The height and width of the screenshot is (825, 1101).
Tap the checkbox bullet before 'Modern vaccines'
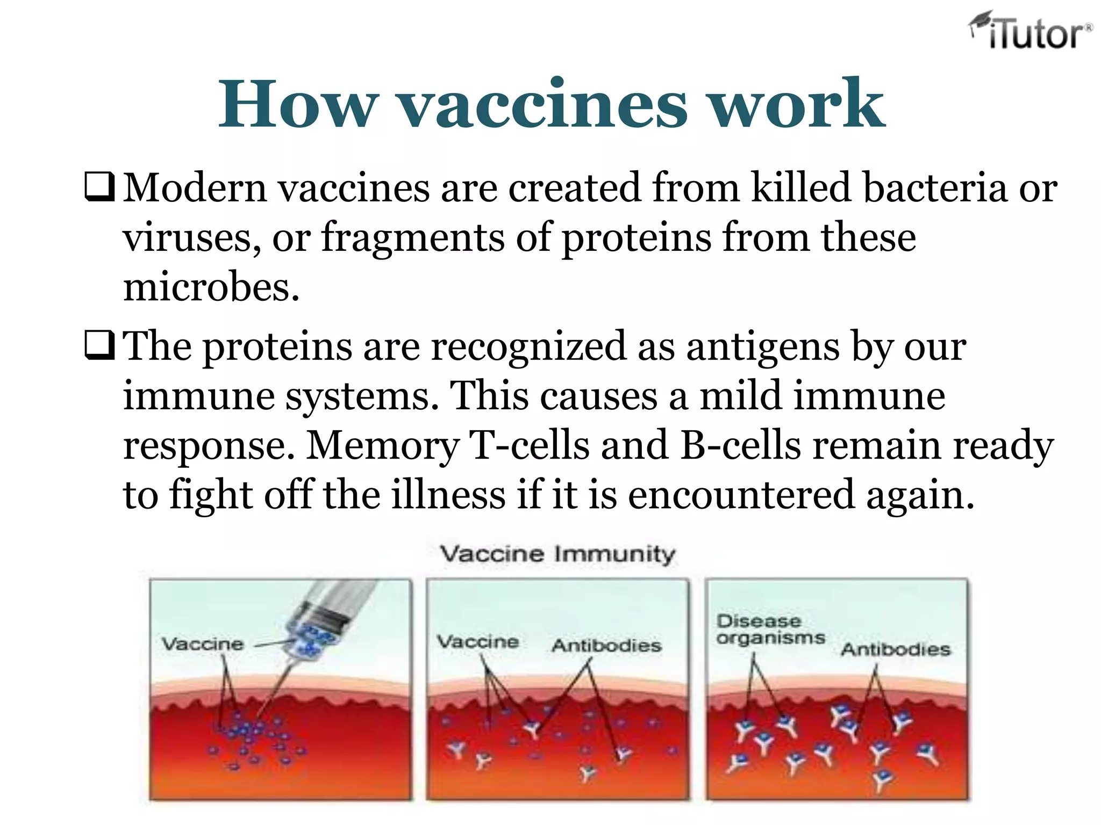(100, 187)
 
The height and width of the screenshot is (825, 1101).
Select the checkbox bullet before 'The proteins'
(100, 345)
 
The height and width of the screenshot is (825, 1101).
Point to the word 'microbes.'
(211, 287)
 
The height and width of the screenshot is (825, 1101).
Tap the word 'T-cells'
(529, 445)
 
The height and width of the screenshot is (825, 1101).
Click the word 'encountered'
(741, 495)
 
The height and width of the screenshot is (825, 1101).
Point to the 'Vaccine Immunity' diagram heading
(557, 554)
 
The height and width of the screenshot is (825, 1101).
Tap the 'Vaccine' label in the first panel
(203, 644)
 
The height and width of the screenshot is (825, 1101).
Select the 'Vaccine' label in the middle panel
(477, 642)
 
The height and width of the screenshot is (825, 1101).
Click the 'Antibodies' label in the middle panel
(606, 645)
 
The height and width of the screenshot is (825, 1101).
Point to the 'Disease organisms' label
(770, 629)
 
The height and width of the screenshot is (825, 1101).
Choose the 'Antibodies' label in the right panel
(896, 649)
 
